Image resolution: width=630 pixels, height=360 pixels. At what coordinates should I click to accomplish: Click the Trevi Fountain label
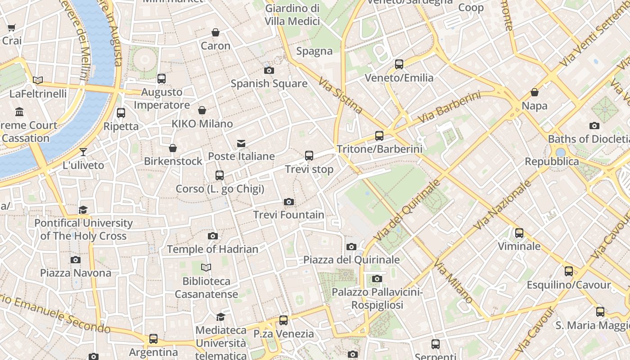click(288, 215)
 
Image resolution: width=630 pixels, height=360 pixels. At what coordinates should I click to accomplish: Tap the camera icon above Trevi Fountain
click(289, 202)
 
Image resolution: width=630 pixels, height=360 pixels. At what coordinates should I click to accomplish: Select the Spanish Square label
click(269, 83)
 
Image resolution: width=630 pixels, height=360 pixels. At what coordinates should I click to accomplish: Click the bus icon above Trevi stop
click(309, 156)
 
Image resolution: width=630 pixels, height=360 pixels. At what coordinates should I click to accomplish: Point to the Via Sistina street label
click(340, 95)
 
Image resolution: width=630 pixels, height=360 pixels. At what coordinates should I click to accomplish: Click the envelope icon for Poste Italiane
click(241, 144)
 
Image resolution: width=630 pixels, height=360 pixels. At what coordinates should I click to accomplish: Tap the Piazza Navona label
click(76, 273)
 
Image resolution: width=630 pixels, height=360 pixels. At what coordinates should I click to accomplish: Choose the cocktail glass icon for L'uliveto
click(83, 152)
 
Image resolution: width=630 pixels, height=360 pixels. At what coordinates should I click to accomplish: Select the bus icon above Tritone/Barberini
click(379, 136)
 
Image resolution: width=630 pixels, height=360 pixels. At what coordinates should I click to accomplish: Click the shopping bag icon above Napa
click(535, 93)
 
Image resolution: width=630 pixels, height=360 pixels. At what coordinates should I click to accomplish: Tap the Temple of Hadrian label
click(212, 249)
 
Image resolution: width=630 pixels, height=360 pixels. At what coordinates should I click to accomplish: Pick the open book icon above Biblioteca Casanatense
click(206, 268)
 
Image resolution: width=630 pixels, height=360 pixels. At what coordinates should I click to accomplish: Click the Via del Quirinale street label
click(407, 210)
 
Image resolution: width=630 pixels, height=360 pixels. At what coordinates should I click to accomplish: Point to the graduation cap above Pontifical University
click(83, 210)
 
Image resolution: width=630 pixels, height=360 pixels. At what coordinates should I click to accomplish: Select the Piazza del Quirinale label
click(351, 260)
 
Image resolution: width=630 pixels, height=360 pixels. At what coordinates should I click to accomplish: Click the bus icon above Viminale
click(519, 233)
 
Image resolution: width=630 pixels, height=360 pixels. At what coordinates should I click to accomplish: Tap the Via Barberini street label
click(449, 108)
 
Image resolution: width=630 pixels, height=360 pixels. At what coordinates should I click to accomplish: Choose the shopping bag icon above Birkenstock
click(173, 148)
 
